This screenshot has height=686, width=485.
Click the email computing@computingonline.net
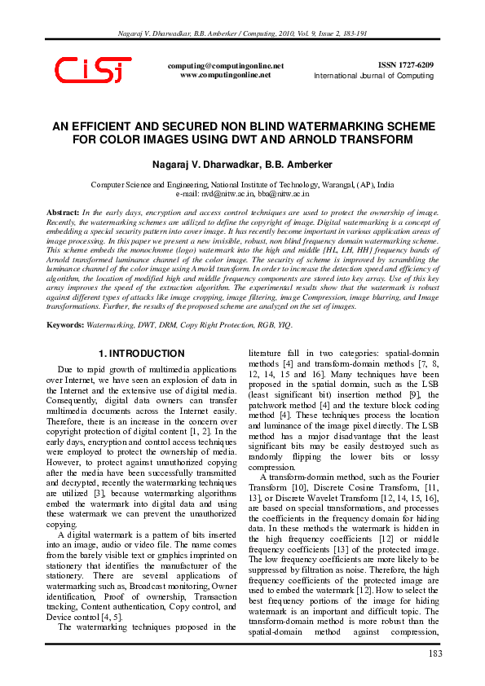tap(225, 65)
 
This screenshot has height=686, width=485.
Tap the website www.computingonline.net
tap(225, 74)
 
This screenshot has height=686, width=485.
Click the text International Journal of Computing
tap(374, 76)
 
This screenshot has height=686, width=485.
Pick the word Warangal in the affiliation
tap(324, 185)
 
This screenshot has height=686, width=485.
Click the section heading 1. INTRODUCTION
tap(141, 354)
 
